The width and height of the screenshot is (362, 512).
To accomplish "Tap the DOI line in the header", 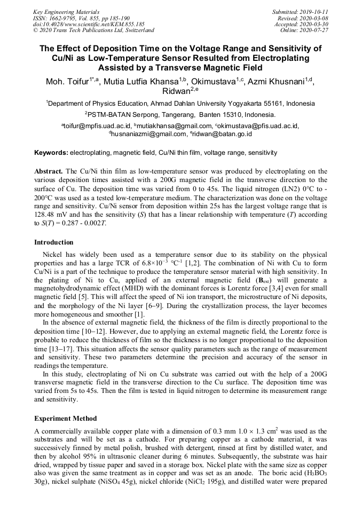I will click(x=89, y=24).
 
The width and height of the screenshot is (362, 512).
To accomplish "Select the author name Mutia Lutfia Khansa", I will click(x=148, y=82).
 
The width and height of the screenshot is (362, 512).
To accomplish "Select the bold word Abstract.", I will click(x=49, y=171).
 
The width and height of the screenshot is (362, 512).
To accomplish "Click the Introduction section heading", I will click(x=54, y=242).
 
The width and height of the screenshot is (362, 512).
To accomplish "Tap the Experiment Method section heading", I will click(x=65, y=418).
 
